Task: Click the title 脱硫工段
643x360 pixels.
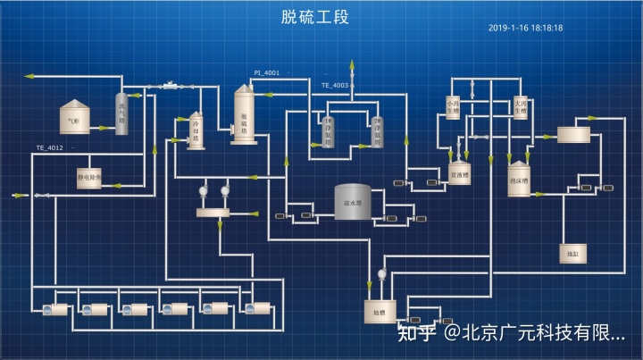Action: (314, 17)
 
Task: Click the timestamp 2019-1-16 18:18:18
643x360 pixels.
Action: (525, 29)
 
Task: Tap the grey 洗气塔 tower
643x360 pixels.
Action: (121, 114)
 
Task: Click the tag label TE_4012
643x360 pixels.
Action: (49, 147)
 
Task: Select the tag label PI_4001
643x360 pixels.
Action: (266, 72)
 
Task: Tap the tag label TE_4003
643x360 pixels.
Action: (335, 85)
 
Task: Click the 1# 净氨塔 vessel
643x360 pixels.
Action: (328, 132)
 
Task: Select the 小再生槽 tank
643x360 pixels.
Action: (455, 109)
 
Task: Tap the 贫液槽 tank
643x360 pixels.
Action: (459, 173)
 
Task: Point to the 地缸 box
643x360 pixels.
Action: (572, 255)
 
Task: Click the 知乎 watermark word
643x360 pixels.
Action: (415, 334)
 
